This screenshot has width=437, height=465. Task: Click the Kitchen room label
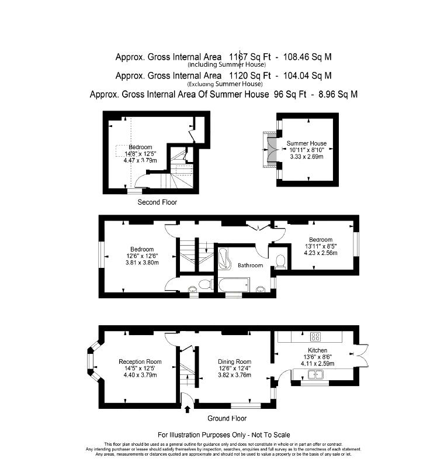[x=316, y=350]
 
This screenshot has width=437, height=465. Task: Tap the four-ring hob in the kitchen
[x=316, y=336]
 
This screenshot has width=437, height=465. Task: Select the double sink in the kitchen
[x=316, y=375]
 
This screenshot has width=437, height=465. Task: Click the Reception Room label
[x=140, y=361]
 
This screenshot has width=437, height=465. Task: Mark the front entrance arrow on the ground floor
[x=186, y=409]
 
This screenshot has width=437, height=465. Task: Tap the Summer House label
[x=306, y=143]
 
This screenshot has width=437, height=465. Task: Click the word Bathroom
[x=250, y=266]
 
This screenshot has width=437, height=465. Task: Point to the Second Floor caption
[x=157, y=202]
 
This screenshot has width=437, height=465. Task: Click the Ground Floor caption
[x=227, y=419]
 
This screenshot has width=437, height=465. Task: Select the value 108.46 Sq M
[x=307, y=57]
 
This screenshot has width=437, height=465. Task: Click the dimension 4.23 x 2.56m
[x=321, y=253]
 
